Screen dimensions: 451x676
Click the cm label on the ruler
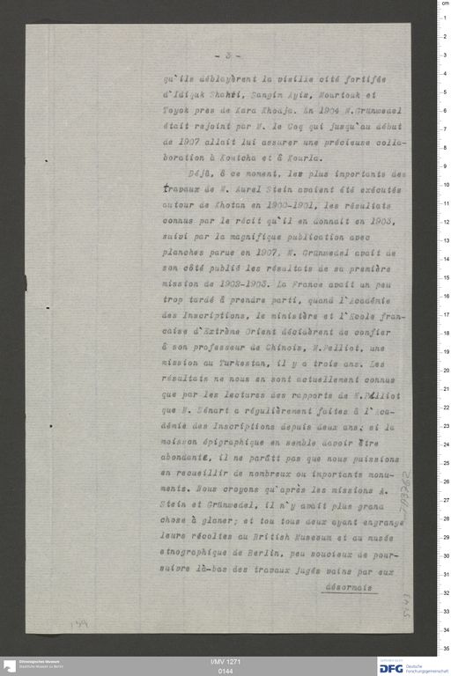[444, 5]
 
